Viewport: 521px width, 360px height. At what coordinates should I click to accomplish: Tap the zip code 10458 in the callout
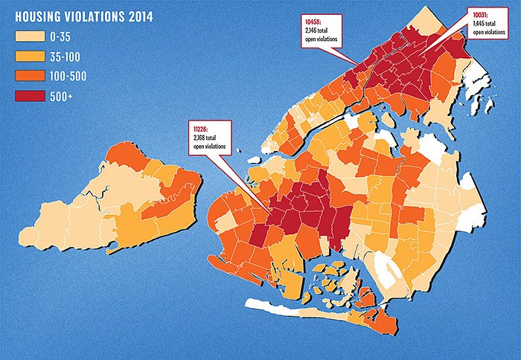point(313,20)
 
